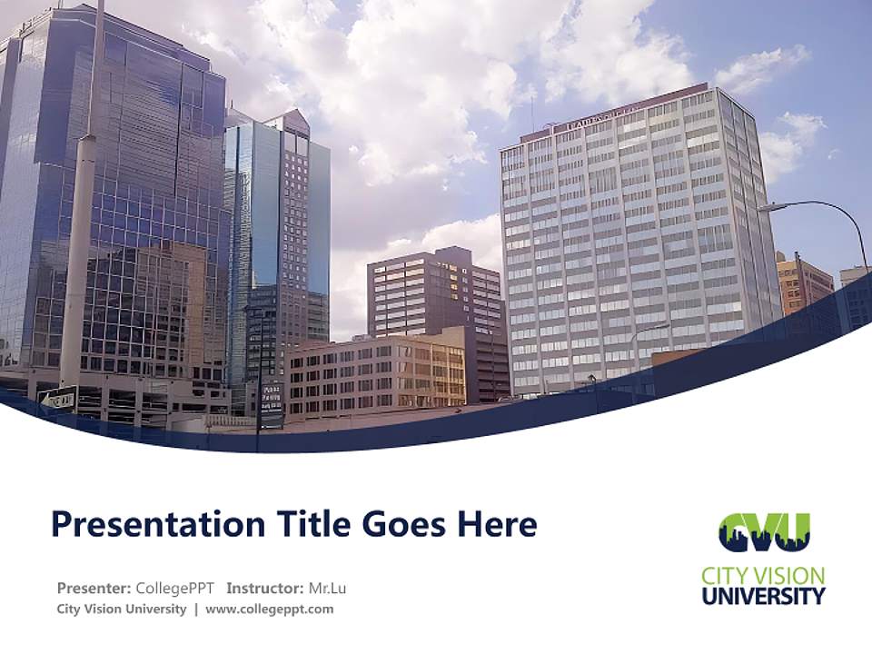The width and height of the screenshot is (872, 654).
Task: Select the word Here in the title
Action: click(x=496, y=525)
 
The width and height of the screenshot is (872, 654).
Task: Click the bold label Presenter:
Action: click(x=94, y=589)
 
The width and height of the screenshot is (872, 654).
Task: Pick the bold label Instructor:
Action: click(x=265, y=589)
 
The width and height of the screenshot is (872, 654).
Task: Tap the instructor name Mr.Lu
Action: click(x=327, y=589)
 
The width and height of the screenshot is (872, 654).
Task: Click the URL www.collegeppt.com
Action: click(x=270, y=609)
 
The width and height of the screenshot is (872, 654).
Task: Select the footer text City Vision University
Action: click(x=122, y=609)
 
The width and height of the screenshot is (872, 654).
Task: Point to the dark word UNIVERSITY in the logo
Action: click(x=763, y=597)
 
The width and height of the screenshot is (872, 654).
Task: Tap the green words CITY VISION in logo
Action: click(x=763, y=576)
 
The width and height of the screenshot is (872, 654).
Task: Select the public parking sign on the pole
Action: click(x=272, y=396)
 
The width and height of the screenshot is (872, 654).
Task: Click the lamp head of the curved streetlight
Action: click(x=770, y=208)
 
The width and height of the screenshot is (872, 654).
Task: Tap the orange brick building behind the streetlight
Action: click(x=803, y=283)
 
